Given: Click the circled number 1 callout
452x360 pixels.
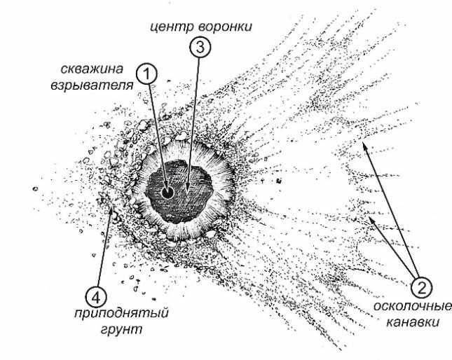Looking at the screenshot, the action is pos(146,74).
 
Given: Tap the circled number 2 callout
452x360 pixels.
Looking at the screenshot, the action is pos(421,287).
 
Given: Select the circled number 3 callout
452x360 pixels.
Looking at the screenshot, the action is pos(200,47).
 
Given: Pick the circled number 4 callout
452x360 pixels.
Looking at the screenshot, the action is pos(96,298).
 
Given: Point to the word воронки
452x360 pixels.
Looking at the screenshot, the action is pos(226,27).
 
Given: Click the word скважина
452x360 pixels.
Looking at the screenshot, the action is pos(93,69).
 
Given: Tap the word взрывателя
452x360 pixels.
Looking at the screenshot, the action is pos(93,85).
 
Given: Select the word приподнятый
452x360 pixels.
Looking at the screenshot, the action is pos(121,314).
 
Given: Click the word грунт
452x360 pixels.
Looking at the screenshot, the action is pos(122,329).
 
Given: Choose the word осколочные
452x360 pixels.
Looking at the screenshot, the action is pos(413,306).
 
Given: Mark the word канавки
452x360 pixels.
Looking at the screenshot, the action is pos(413,322).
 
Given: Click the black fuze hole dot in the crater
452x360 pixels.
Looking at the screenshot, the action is pos(167,193).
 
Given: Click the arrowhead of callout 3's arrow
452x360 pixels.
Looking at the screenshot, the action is pos(187,193).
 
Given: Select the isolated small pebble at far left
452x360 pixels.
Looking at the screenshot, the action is pos(35,189).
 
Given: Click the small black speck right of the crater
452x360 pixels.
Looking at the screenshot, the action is pos(278,181).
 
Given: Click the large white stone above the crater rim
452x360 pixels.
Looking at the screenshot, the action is pos(182,135).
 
